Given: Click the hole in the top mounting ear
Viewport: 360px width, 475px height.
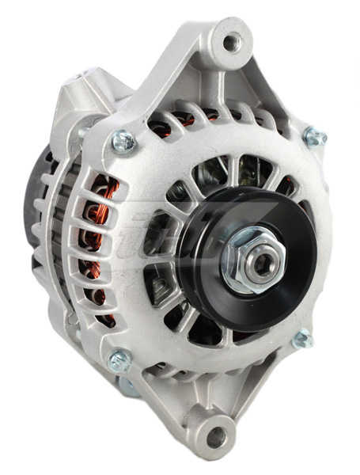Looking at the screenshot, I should click(x=230, y=41).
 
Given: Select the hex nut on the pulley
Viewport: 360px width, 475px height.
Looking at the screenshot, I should click(x=246, y=262).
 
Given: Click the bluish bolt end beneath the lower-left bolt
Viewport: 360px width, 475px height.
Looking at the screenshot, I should click(x=127, y=387).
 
